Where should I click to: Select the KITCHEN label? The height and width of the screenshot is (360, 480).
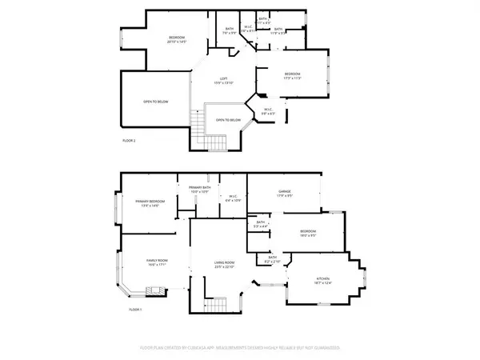point(323,280)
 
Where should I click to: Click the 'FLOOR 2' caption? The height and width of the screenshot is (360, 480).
point(130,141)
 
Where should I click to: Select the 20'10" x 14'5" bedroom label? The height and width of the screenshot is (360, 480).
point(177,39)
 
